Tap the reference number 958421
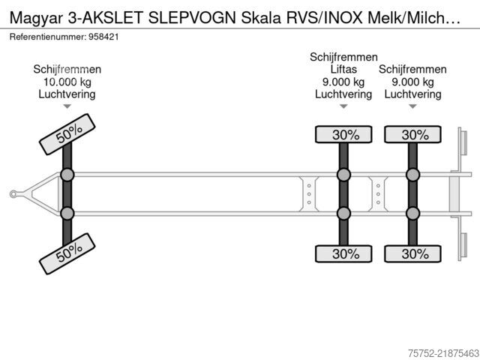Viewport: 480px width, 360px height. tap(103, 37)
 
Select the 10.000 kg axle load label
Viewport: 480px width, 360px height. tap(67, 82)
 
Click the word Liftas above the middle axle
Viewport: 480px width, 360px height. tap(343, 69)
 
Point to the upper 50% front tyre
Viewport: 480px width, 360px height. tap(67, 134)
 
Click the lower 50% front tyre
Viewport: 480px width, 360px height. tap(67, 253)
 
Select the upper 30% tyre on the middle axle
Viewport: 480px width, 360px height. tap(343, 134)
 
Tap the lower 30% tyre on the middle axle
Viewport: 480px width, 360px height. tap(343, 253)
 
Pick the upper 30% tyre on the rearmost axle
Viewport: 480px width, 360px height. tap(412, 134)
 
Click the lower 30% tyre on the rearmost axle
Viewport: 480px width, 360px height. tap(412, 253)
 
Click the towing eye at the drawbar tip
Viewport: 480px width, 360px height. tap(13, 194)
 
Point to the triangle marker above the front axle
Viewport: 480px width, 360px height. tap(67, 106)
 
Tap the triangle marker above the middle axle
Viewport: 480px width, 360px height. tap(343, 106)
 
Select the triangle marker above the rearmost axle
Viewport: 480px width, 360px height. tap(412, 106)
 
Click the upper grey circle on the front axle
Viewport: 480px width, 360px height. tap(67, 175)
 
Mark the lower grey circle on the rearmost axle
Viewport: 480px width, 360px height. tap(412, 213)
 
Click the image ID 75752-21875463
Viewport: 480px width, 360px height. tap(443, 353)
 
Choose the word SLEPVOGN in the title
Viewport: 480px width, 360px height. tap(192, 18)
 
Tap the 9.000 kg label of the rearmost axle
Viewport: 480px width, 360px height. tap(412, 82)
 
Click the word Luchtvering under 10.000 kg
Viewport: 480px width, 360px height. tap(67, 94)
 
